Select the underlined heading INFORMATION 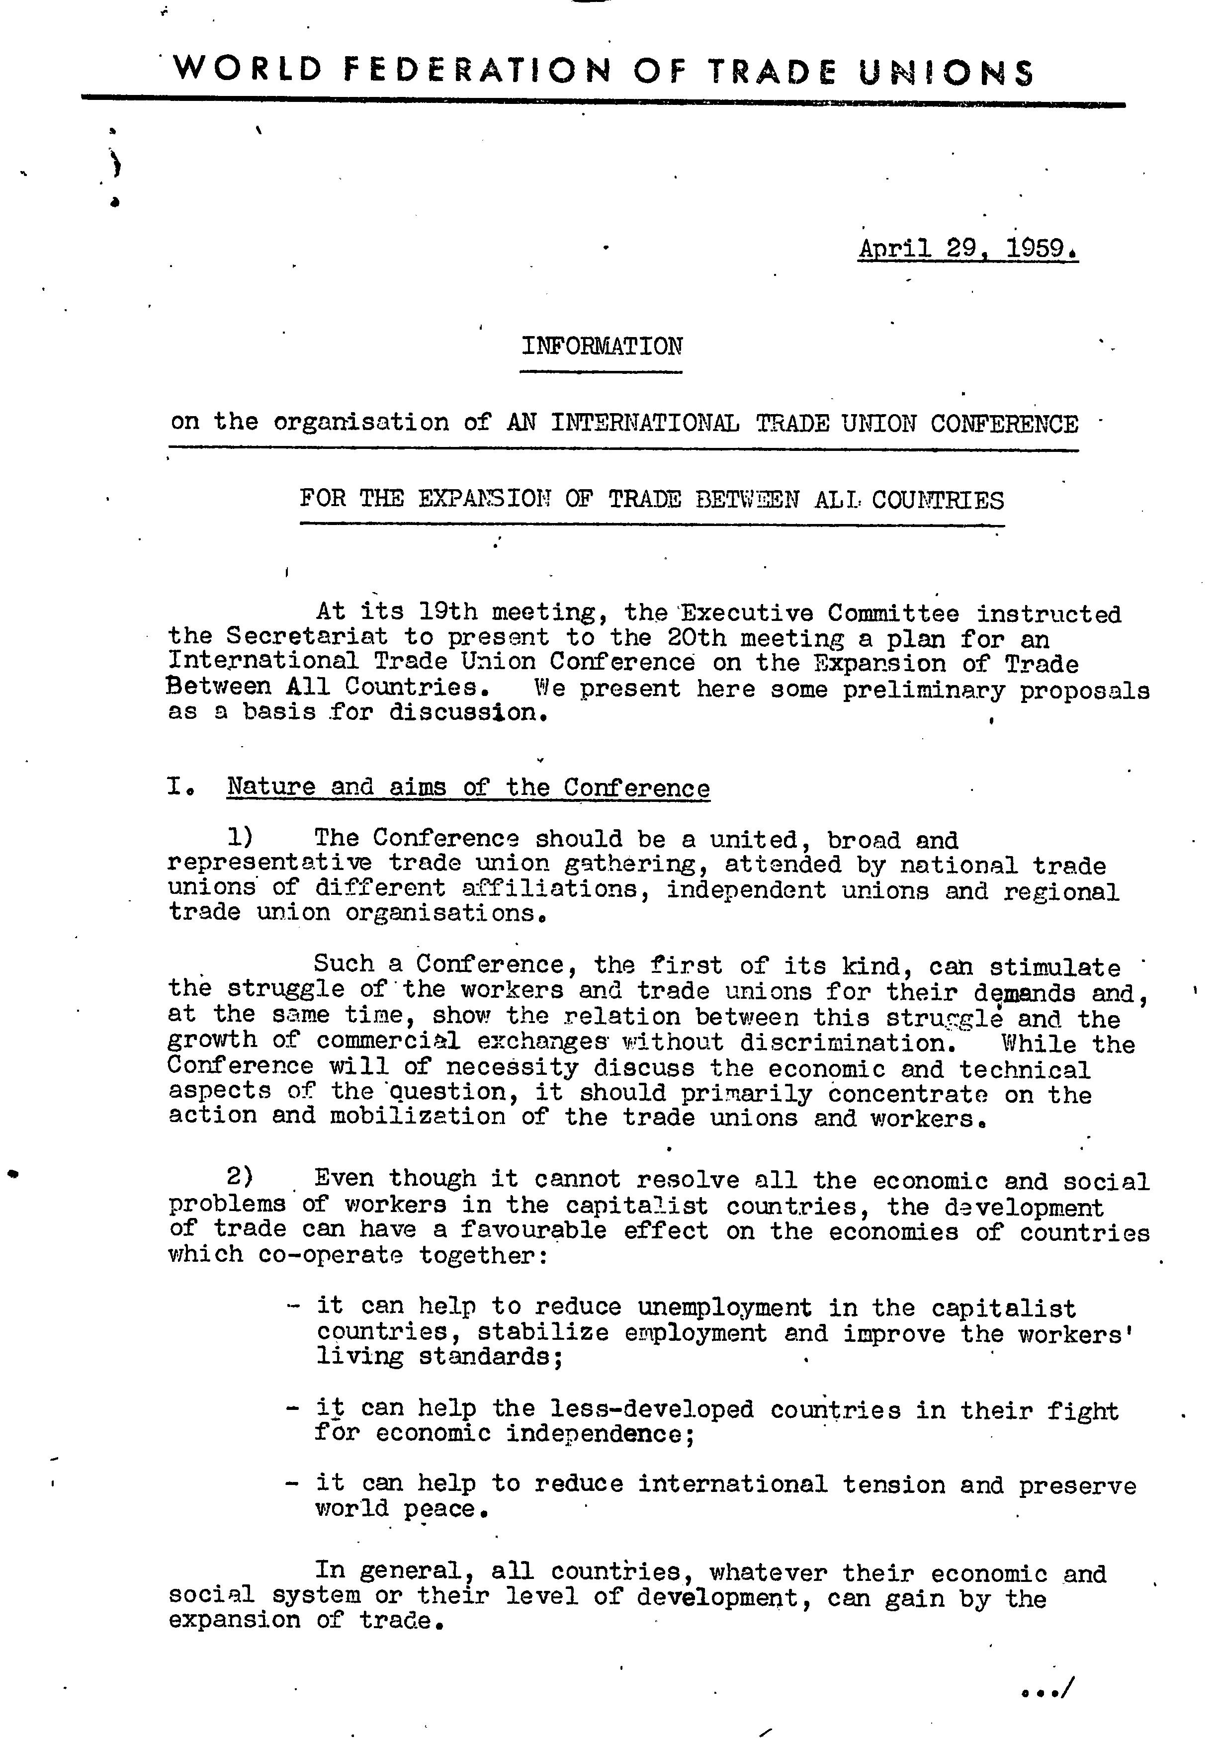pyautogui.click(x=602, y=347)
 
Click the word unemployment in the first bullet pyautogui.click(x=723, y=1307)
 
